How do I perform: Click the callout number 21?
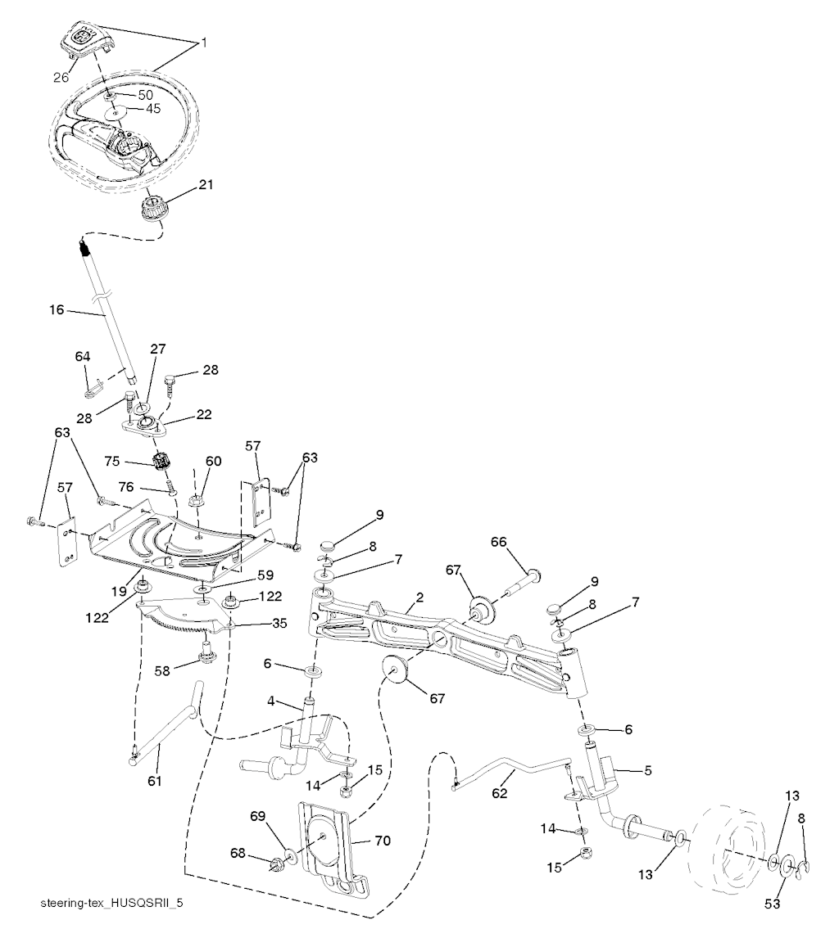click(x=206, y=185)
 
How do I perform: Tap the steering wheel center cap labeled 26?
click(x=84, y=40)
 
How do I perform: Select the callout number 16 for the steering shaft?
click(x=57, y=310)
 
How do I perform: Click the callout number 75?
click(x=112, y=461)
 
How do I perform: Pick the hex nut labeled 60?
click(x=197, y=500)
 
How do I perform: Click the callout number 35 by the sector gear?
click(x=279, y=624)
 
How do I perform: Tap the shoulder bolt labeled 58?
click(x=206, y=652)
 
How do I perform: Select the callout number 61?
click(x=155, y=781)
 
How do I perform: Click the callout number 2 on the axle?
click(x=419, y=597)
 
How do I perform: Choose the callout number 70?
click(x=382, y=841)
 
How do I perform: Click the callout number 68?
click(x=238, y=853)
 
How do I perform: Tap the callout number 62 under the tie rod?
click(x=500, y=793)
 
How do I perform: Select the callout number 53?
click(x=773, y=904)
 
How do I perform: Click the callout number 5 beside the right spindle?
click(x=648, y=770)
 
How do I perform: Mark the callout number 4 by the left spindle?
click(x=271, y=701)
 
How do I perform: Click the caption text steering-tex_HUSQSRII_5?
click(x=111, y=903)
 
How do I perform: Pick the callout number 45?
click(x=153, y=109)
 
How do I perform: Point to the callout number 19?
click(x=120, y=591)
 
